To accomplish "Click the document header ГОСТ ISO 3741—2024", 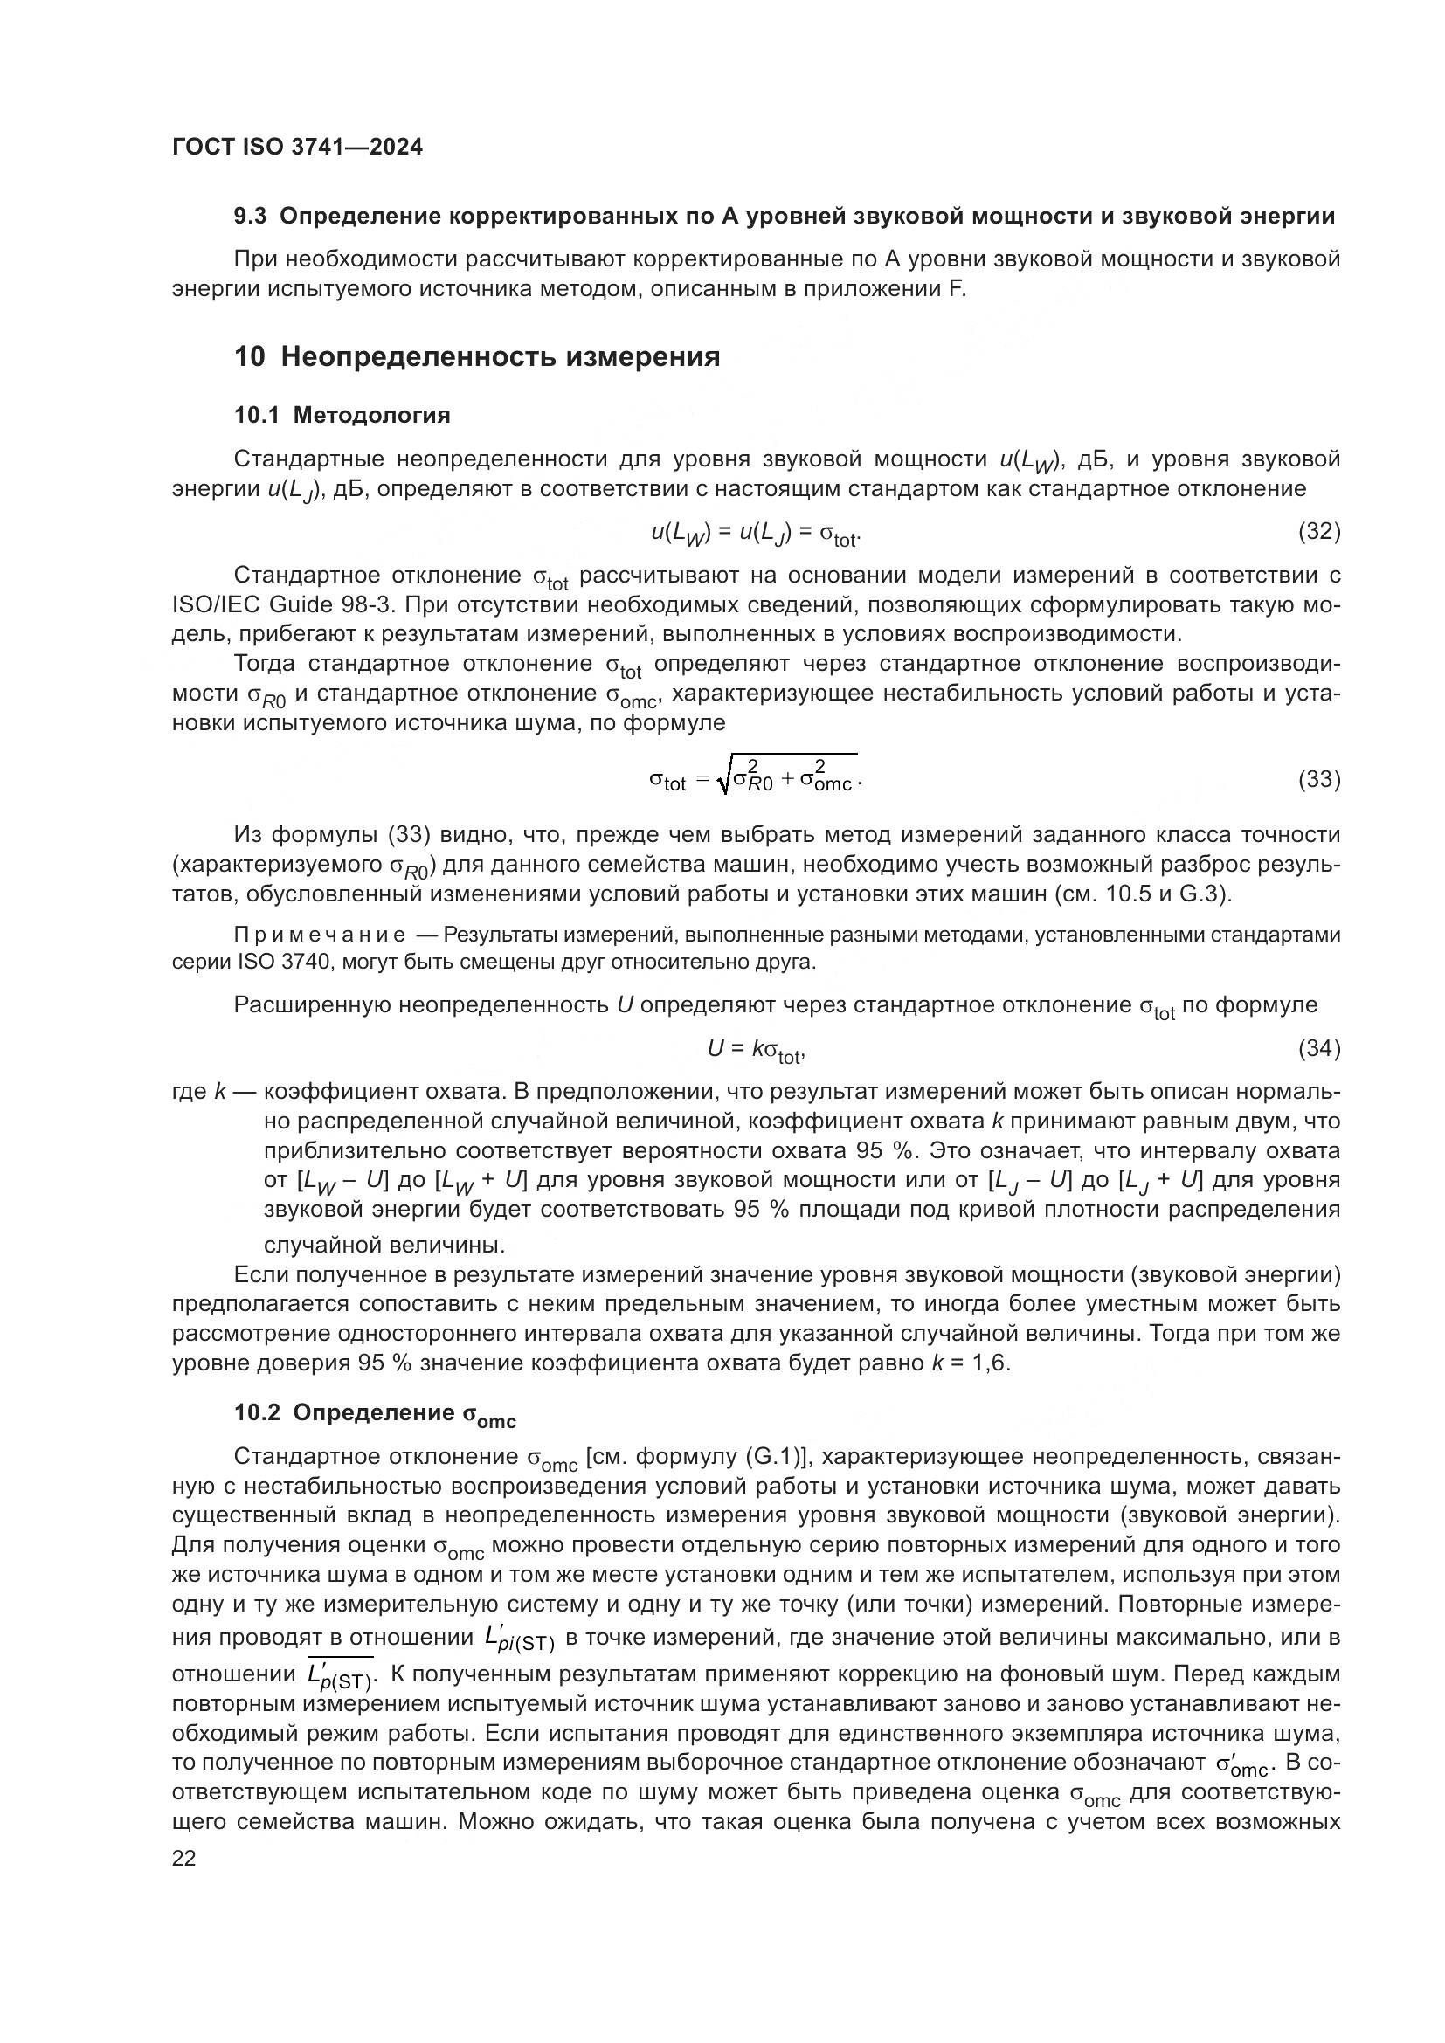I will click(x=297, y=148).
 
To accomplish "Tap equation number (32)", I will click(x=1318, y=531).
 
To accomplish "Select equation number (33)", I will click(x=1318, y=779).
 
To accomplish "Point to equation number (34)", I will click(x=1318, y=1048).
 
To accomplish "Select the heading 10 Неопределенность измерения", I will click(x=477, y=357).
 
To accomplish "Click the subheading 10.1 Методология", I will click(x=342, y=415).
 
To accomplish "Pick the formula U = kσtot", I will click(x=757, y=1050).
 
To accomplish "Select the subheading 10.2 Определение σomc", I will click(x=375, y=1415).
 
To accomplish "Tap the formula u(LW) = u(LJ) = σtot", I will click(x=757, y=533).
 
